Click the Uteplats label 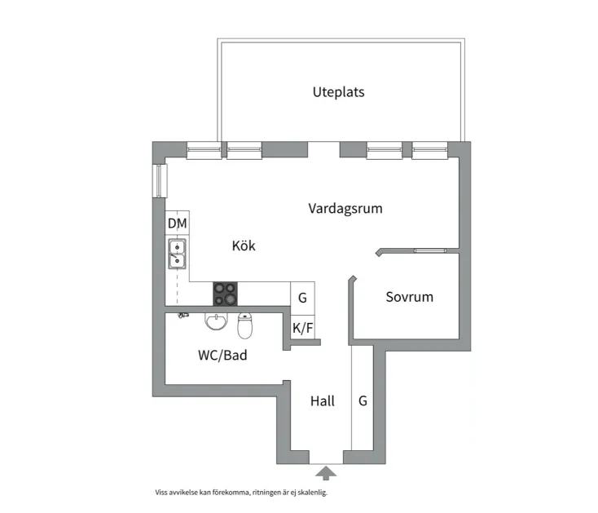pyautogui.click(x=338, y=92)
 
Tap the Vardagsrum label pyautogui.click(x=345, y=209)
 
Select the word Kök pyautogui.click(x=244, y=245)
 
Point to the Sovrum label pyautogui.click(x=409, y=297)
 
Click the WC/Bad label pyautogui.click(x=222, y=356)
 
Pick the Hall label pyautogui.click(x=322, y=401)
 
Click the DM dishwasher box pyautogui.click(x=177, y=223)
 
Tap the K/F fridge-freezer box pyautogui.click(x=302, y=328)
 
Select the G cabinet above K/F pyautogui.click(x=302, y=298)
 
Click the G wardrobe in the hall pyautogui.click(x=363, y=401)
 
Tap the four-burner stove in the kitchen pyautogui.click(x=226, y=294)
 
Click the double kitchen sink pyautogui.click(x=177, y=254)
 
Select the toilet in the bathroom pyautogui.click(x=245, y=326)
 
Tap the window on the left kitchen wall pyautogui.click(x=159, y=180)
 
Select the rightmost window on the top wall pyautogui.click(x=429, y=149)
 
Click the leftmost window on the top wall pyautogui.click(x=204, y=149)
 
